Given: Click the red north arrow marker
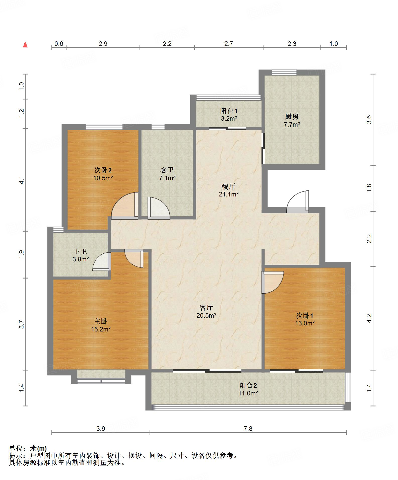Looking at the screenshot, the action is [25, 44].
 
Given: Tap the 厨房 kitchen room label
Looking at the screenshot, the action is [292, 117].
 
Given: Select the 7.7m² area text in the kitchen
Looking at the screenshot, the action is [292, 124].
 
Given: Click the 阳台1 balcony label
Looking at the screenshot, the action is [229, 111].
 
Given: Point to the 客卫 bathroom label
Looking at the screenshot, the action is [167, 170].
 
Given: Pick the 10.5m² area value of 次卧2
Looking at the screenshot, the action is [103, 178].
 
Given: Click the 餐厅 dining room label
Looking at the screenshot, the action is [229, 186].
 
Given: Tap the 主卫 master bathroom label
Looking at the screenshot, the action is [80, 251].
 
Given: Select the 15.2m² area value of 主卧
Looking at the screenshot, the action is [101, 329].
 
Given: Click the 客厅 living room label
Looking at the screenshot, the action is [206, 308].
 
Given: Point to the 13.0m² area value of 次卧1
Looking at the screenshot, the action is [305, 323].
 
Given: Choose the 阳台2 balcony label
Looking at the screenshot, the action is [248, 385].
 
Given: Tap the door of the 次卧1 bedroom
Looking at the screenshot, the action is [273, 282].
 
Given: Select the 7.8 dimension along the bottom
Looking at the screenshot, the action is [248, 429].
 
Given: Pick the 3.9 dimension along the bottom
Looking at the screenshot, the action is [101, 429].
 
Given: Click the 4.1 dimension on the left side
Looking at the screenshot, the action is [22, 180].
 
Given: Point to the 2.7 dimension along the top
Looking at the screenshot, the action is [229, 44].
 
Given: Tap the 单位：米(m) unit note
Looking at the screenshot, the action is [28, 448].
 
